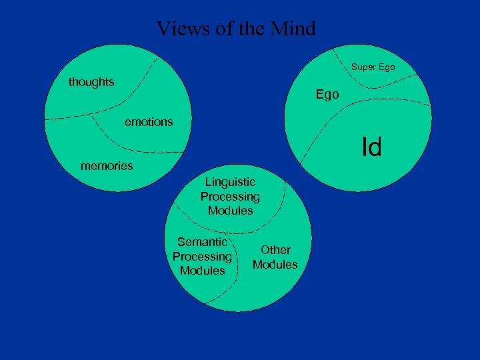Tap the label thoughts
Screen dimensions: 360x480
click(x=91, y=82)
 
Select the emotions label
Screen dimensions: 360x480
click(x=149, y=121)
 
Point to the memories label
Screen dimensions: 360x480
click(x=107, y=165)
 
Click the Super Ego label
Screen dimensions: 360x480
click(x=373, y=67)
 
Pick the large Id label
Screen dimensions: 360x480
click(x=371, y=147)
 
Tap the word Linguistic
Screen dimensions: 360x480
click(x=230, y=182)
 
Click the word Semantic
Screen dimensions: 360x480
click(x=202, y=242)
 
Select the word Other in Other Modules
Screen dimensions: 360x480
click(x=275, y=250)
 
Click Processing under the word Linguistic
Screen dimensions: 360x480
click(x=230, y=197)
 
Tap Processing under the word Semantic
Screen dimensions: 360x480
click(x=202, y=257)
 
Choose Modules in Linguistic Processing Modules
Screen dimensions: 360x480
click(x=230, y=211)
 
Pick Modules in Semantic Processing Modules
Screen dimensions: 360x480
click(x=202, y=271)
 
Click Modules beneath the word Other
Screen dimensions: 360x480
click(x=275, y=265)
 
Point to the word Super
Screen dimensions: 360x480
click(x=363, y=67)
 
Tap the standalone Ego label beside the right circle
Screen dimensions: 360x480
click(x=327, y=95)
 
